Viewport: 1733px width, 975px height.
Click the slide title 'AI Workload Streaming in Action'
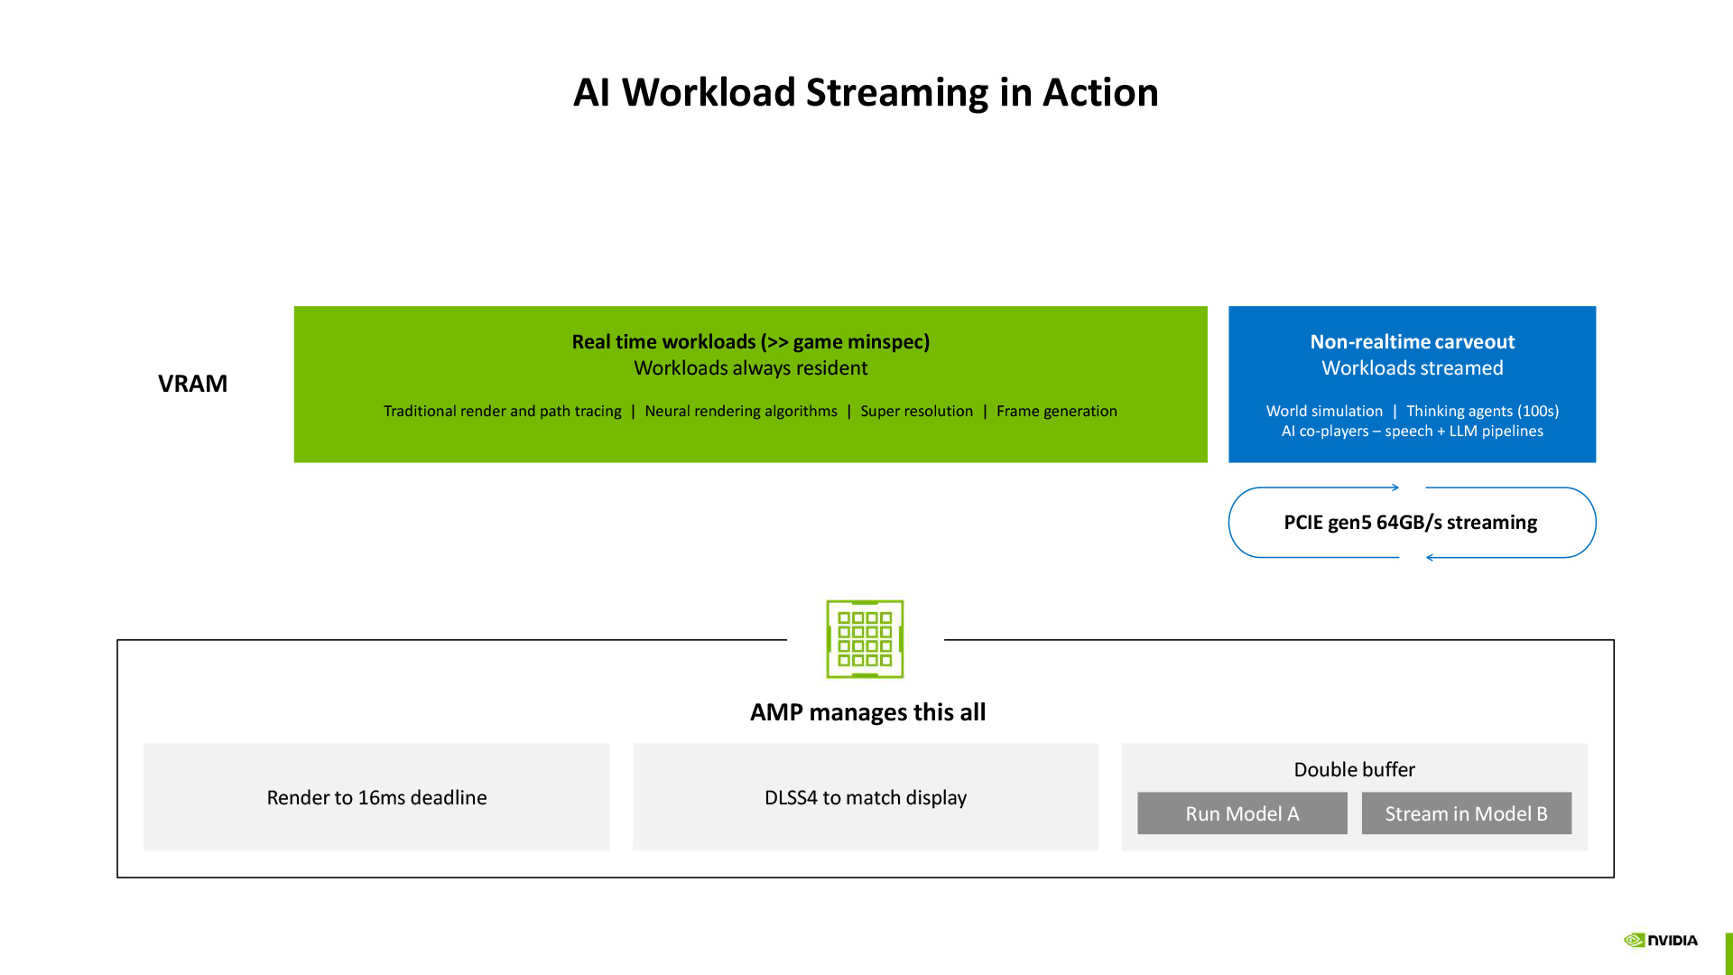(x=866, y=92)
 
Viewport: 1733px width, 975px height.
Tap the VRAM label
(x=192, y=384)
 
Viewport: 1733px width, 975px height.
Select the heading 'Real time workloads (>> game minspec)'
(x=750, y=342)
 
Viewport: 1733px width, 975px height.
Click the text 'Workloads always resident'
(x=750, y=368)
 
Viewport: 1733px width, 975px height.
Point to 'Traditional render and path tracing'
(x=502, y=412)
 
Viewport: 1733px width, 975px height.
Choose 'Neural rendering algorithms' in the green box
(x=740, y=412)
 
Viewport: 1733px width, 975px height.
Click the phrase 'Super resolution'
(x=916, y=412)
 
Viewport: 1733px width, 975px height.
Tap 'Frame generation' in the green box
(x=1056, y=412)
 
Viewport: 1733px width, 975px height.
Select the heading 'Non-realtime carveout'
(x=1412, y=342)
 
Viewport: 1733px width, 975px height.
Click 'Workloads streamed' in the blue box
(x=1412, y=368)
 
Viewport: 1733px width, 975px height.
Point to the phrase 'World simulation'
(x=1323, y=412)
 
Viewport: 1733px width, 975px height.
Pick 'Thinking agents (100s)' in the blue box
(x=1482, y=412)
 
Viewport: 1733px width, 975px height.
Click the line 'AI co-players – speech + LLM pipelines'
(x=1412, y=432)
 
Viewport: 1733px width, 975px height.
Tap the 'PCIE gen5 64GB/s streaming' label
(x=1410, y=523)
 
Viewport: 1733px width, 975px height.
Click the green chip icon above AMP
(x=865, y=639)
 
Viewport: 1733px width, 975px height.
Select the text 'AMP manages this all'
(x=867, y=712)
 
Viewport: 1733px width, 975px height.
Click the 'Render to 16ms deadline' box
(x=376, y=797)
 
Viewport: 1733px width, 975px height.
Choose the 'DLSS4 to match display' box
(x=865, y=797)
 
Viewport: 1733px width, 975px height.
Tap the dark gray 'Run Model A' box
(x=1242, y=813)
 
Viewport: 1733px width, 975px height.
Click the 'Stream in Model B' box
(x=1466, y=813)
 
